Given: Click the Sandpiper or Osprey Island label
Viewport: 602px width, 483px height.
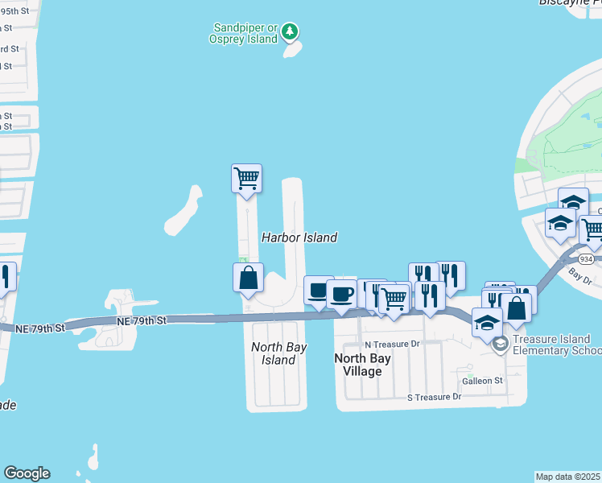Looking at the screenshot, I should coord(243,32).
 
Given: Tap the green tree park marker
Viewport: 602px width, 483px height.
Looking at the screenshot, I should coord(291,33).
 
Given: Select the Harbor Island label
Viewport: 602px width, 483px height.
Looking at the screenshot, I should coord(299,237).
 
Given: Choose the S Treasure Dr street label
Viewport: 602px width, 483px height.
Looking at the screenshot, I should coord(435,397).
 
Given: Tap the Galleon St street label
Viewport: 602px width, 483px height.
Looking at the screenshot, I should coord(481,380).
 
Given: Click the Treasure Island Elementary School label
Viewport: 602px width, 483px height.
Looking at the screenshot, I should coord(556,345).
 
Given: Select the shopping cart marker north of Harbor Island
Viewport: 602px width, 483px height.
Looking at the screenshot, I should coord(246,178).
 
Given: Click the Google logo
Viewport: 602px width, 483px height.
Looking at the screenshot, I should coord(27,473).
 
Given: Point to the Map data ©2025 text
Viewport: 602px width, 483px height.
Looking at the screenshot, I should coord(567,477).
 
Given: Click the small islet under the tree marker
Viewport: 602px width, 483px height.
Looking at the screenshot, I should coord(291,50).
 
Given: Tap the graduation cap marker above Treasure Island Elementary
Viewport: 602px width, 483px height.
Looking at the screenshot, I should coord(487,323).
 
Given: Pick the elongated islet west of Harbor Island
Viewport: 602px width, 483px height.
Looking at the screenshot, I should coord(184,212).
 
